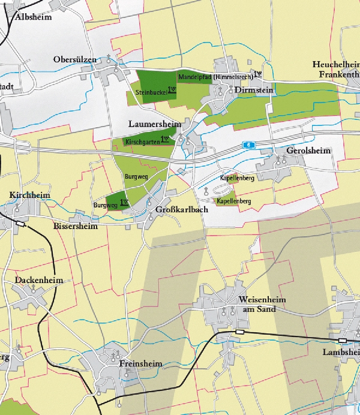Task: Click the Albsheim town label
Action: [34, 17]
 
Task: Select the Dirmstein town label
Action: [254, 90]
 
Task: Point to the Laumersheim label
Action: [155, 124]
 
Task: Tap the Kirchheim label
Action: [29, 196]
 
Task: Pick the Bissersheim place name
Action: [75, 227]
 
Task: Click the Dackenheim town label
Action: [38, 280]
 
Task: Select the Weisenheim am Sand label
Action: [262, 304]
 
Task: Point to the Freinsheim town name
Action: [140, 364]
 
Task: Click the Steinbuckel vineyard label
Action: [151, 92]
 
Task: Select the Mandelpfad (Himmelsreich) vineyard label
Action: [215, 77]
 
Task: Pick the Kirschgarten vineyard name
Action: [142, 142]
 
